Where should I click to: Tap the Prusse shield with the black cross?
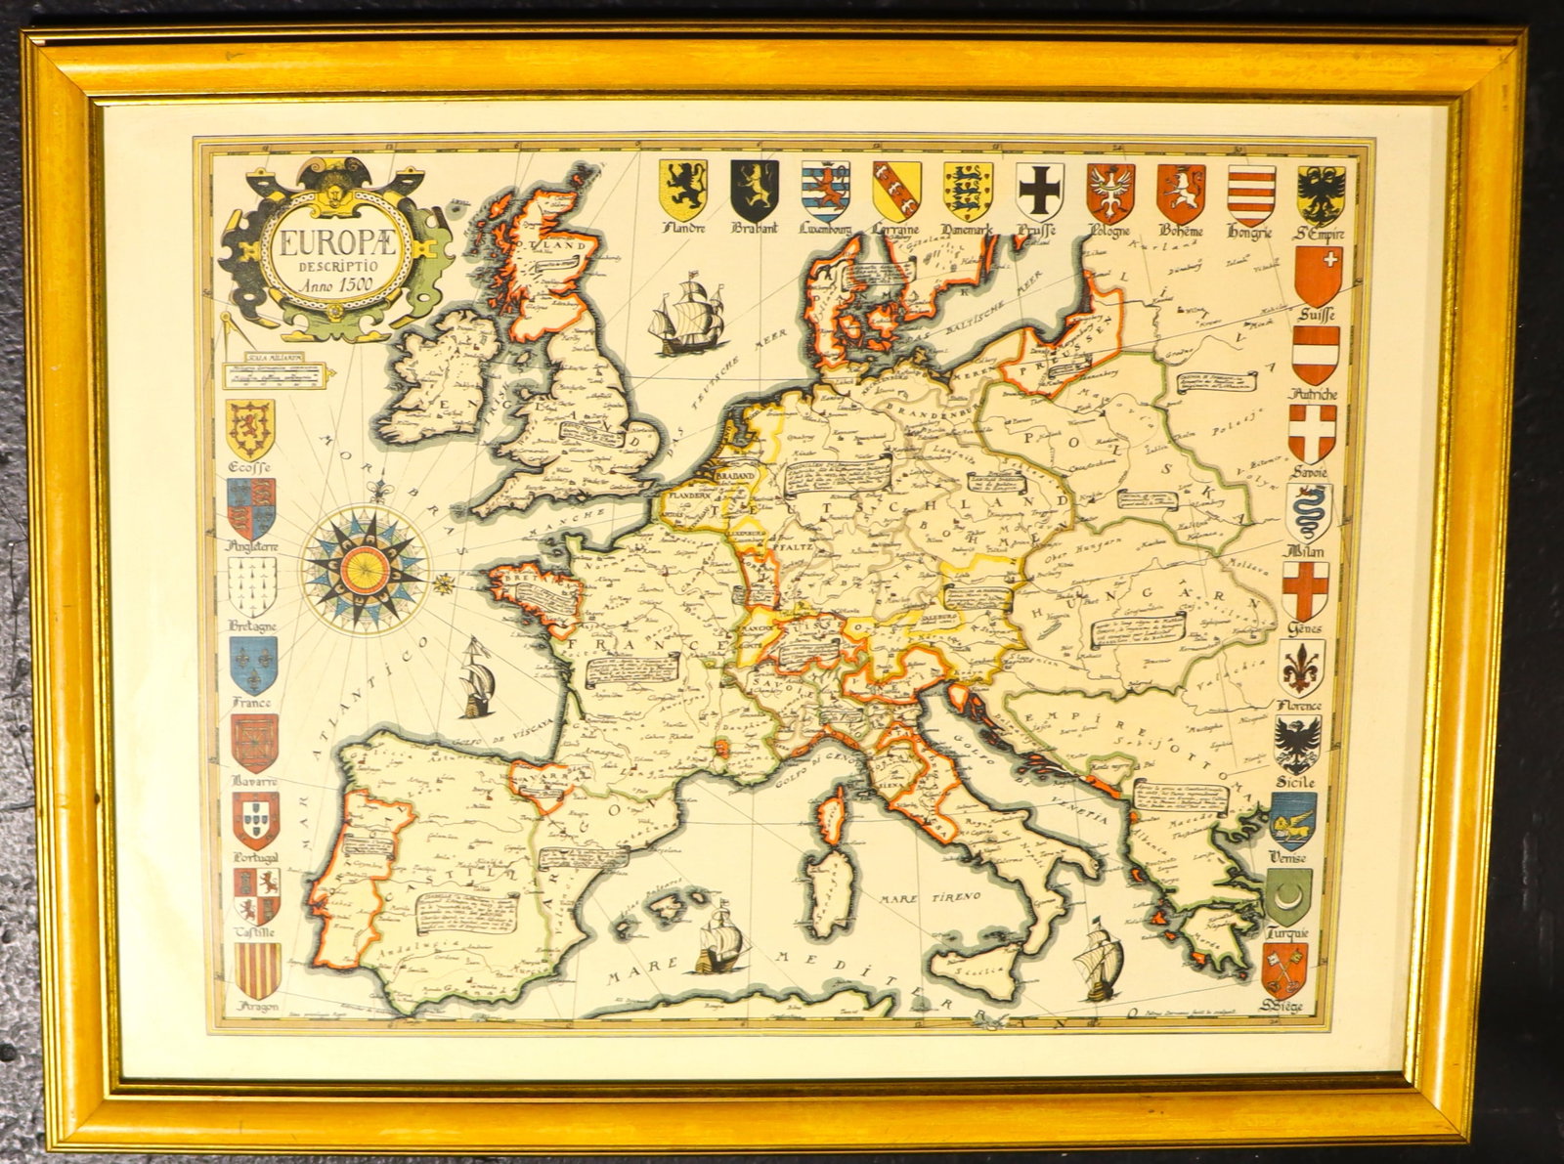coord(1040,189)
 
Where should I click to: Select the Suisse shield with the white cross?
coord(1318,275)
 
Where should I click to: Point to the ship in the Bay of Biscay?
coord(475,675)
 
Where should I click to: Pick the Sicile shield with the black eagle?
coord(1298,745)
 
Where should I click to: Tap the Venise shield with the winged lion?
coord(1293,820)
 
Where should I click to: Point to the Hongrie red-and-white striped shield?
coord(1252,192)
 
